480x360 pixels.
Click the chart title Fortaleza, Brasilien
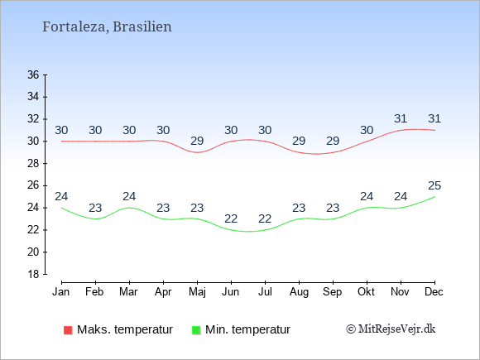107,27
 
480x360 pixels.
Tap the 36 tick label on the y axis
33,74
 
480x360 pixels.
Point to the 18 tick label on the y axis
33,274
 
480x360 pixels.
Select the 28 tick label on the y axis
33,164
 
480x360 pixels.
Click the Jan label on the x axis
60,292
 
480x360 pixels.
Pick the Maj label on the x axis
197,292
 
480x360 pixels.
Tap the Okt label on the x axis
366,292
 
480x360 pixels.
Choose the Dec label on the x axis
434,292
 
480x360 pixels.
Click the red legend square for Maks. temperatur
68,330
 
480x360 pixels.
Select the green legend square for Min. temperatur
196,330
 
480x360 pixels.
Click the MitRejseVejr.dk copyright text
391,329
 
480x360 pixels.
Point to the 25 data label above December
434,185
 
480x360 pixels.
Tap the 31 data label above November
401,118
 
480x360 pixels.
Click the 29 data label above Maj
197,141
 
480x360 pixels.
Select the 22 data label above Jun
231,218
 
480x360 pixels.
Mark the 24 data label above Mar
129,196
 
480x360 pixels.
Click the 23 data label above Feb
95,208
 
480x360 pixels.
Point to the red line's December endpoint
434,130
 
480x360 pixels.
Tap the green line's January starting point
62,208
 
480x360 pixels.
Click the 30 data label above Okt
367,130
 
